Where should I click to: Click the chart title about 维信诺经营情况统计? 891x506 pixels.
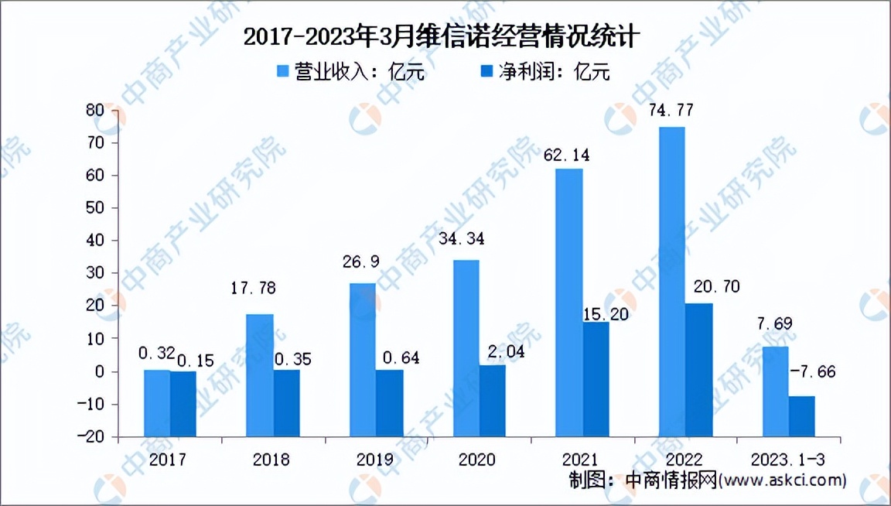click(x=444, y=36)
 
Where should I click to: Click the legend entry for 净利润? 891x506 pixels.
click(x=544, y=73)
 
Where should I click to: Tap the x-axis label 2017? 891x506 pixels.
click(x=169, y=460)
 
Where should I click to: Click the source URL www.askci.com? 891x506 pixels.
click(x=782, y=481)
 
